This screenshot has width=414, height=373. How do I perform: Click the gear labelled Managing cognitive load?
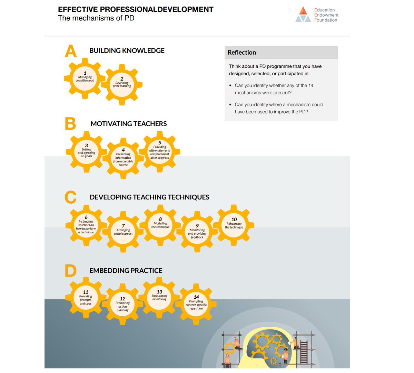coord(85,78)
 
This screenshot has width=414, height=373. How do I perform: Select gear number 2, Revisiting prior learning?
coord(122,84)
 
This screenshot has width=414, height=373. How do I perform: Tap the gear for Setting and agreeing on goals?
coord(86,152)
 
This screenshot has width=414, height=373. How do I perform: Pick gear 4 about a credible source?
coord(123,158)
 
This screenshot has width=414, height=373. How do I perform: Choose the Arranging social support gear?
coord(123,231)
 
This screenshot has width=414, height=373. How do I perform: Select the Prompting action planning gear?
coord(122,304)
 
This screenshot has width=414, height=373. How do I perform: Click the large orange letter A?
coord(71,52)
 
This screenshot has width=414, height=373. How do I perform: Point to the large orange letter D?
coord(70,271)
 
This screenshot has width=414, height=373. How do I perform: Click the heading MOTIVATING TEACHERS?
coord(129,124)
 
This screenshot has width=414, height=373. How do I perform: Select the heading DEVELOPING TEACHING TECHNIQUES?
coord(149,197)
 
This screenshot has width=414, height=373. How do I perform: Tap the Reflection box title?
coord(242,53)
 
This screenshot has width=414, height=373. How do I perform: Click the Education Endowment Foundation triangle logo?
coord(303,15)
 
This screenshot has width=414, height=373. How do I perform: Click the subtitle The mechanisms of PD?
coord(96,18)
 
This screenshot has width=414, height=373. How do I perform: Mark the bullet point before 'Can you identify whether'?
coord(230,86)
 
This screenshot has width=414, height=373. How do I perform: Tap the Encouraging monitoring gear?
coord(159,297)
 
